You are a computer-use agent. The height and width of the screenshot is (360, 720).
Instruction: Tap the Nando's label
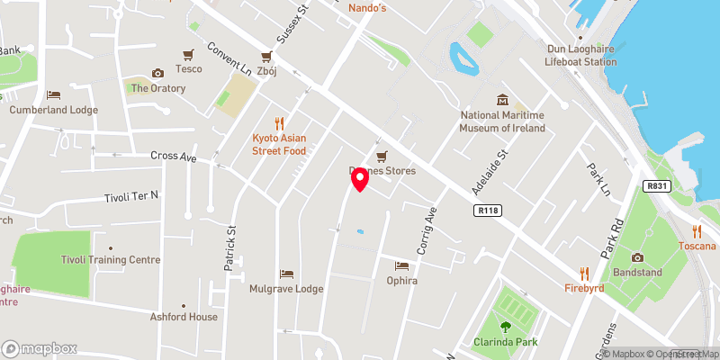pyautogui.click(x=366, y=8)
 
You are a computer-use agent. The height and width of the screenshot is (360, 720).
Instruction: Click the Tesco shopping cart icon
pyautogui.click(x=189, y=55)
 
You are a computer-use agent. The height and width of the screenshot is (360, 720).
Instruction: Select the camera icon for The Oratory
pyautogui.click(x=158, y=73)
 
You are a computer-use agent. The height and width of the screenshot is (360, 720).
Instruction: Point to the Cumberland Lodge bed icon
pyautogui.click(x=53, y=94)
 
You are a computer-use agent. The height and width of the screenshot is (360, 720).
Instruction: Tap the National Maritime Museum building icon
pyautogui.click(x=503, y=100)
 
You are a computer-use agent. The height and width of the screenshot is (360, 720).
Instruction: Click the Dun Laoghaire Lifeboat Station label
pyautogui.click(x=581, y=56)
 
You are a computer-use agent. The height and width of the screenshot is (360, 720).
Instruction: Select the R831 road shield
pyautogui.click(x=658, y=186)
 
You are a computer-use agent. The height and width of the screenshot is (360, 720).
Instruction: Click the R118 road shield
pyautogui.click(x=487, y=210)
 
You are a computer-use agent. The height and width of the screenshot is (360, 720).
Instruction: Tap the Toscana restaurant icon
pyautogui.click(x=697, y=230)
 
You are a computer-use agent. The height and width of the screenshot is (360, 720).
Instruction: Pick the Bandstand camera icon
pyautogui.click(x=637, y=257)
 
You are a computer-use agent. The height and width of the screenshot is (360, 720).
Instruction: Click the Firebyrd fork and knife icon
pyautogui.click(x=584, y=273)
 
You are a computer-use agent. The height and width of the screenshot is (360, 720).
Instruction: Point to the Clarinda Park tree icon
pyautogui.click(x=504, y=327)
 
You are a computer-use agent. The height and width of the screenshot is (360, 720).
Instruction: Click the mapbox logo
pyautogui.click(x=40, y=348)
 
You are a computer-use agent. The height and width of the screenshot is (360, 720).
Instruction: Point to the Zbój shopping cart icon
pyautogui.click(x=266, y=55)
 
